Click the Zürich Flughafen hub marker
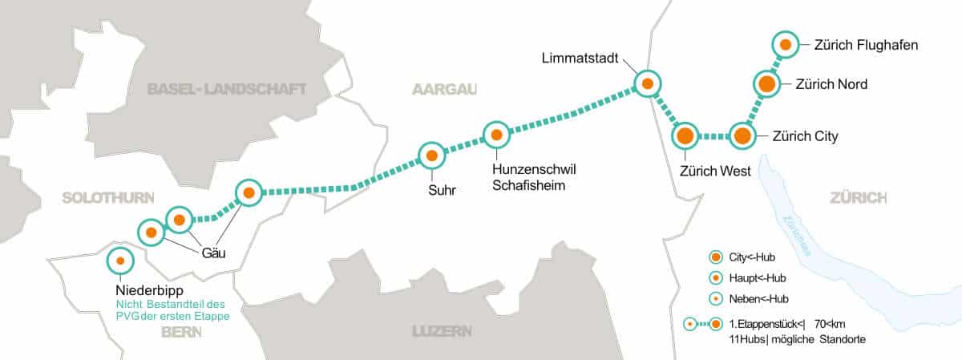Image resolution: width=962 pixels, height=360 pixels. coord(785,45)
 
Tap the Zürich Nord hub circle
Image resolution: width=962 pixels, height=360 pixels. coord(766,83)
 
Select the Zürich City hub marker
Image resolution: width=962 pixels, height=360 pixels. coord(742,136)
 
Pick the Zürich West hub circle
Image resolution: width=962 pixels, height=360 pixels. coord(685,136)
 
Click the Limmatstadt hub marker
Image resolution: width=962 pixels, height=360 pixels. coord(647,83)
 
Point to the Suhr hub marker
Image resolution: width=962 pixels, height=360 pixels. coord(431,156)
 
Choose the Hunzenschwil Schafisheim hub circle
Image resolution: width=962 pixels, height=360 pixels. coord(496,135)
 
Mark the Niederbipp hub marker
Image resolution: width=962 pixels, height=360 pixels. coord(120,260)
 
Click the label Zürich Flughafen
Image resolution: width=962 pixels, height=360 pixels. coord(865,46)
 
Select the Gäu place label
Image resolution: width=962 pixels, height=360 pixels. coord(214,253)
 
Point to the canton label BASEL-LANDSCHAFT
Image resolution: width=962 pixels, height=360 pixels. coord(227,89)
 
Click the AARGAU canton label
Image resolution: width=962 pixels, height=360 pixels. coord(444,89)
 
